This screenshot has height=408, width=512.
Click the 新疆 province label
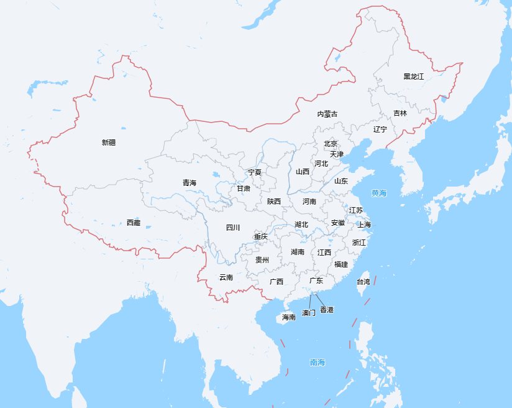109,142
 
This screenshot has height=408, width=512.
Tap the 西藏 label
134,223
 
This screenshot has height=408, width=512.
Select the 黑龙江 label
413,76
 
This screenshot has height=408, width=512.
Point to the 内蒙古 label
327,114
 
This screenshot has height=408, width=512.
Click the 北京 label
331,144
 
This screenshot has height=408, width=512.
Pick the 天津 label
337,154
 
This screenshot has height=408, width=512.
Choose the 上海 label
364,225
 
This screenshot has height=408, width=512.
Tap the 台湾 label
363,282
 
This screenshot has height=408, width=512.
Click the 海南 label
289,317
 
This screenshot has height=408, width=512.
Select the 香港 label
327,310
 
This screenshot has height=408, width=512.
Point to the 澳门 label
309,312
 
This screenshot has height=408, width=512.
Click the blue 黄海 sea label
379,193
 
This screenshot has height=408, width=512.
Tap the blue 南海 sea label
318,363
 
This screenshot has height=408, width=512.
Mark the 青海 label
190,183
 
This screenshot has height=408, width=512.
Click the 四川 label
233,228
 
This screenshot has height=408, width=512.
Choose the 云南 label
226,277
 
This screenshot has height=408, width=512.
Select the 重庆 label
261,236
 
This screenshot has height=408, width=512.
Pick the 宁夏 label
255,172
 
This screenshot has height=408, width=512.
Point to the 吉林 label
400,114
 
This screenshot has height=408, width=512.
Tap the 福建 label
341,264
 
